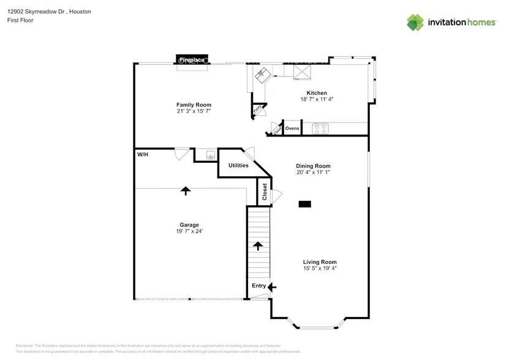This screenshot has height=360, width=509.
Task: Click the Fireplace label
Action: [x=192, y=59]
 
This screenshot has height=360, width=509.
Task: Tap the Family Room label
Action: [x=194, y=105]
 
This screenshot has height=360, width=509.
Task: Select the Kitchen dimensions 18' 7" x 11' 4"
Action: [x=316, y=99]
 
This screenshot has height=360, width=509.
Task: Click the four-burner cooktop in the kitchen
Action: [x=320, y=129]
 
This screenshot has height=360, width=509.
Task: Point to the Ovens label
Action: [x=292, y=129]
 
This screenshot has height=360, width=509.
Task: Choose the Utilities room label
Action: [x=238, y=166]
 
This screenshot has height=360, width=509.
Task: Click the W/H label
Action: [x=142, y=154]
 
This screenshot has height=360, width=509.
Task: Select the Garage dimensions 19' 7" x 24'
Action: [x=189, y=231]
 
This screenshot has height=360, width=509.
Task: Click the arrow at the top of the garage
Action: [x=185, y=190]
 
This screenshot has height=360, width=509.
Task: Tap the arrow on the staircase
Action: [x=258, y=246]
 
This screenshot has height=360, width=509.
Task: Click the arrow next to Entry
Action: [x=272, y=286]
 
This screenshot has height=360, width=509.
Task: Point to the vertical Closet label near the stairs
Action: [x=265, y=192]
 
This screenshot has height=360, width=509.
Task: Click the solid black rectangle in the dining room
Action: [x=305, y=204]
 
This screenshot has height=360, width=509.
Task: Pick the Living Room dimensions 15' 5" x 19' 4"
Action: [x=319, y=268]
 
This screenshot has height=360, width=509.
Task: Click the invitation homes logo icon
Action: [x=415, y=22]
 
